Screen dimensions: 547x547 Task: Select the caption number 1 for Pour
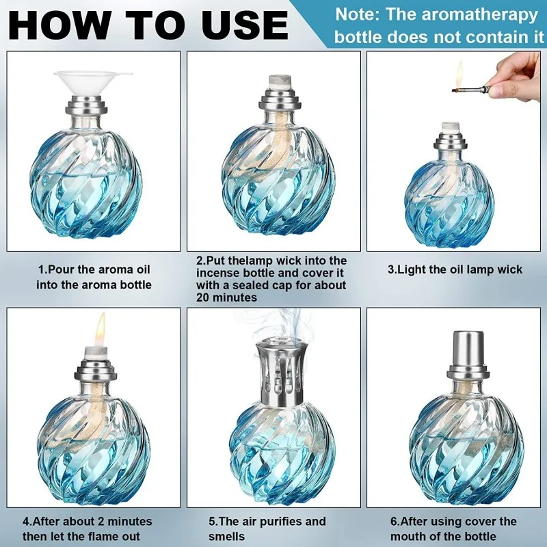(42, 269)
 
